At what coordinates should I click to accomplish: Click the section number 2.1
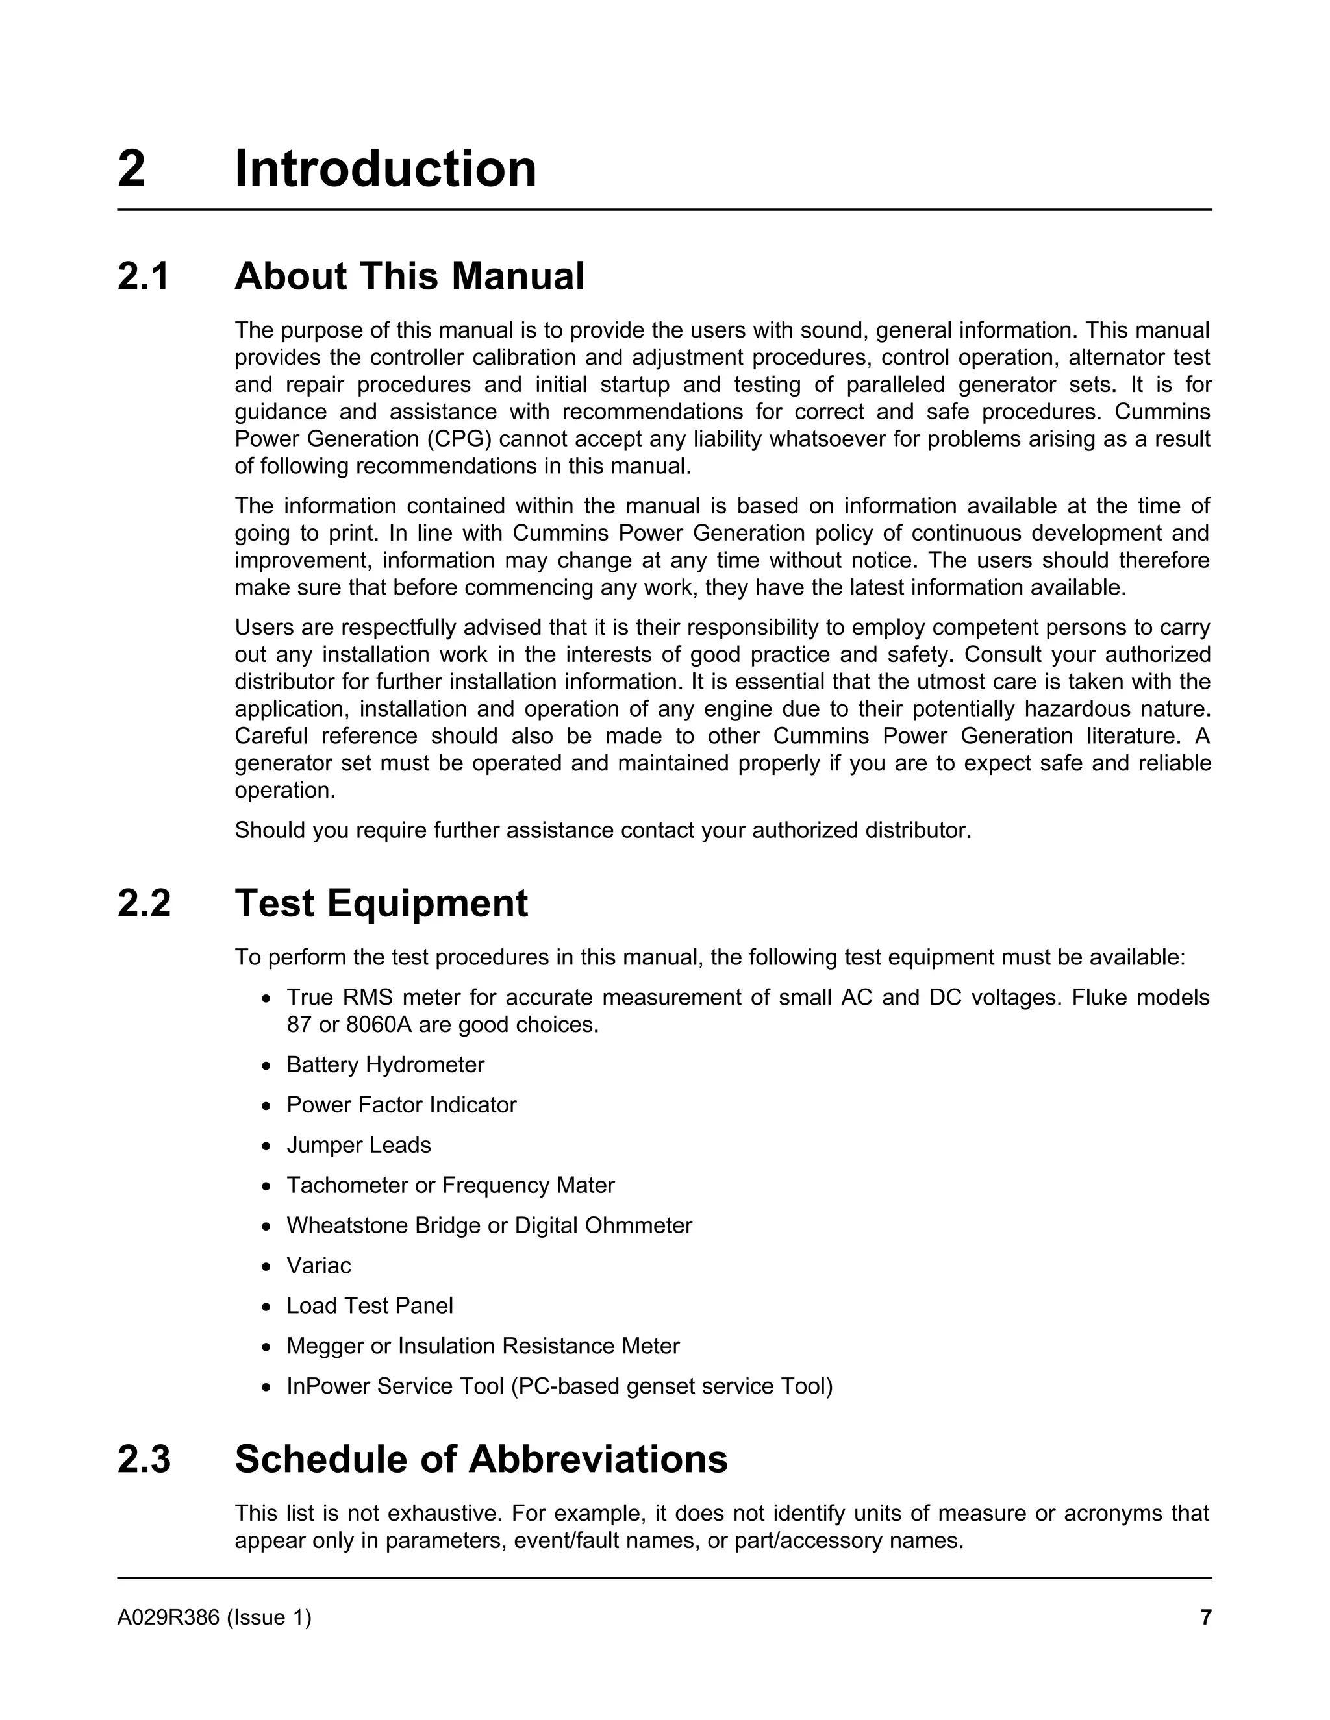pyautogui.click(x=144, y=276)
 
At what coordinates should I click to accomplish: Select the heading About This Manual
pyautogui.click(x=409, y=276)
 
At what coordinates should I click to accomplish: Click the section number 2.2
pyautogui.click(x=144, y=903)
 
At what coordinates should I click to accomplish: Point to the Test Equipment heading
pyautogui.click(x=381, y=903)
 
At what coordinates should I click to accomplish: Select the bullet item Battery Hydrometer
pyautogui.click(x=385, y=1064)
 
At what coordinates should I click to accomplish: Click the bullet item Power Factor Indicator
pyautogui.click(x=401, y=1105)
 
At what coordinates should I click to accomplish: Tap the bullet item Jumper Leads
pyautogui.click(x=358, y=1145)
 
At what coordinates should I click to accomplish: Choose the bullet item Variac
pyautogui.click(x=318, y=1266)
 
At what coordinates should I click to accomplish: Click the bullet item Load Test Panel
pyautogui.click(x=370, y=1306)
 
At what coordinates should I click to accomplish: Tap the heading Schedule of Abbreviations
pyautogui.click(x=481, y=1458)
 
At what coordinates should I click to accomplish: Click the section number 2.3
pyautogui.click(x=144, y=1458)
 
